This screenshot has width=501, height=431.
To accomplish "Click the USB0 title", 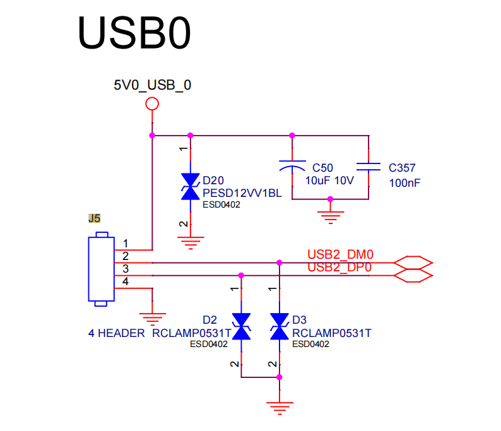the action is click(x=134, y=33).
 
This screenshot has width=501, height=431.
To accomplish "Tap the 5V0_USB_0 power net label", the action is click(x=153, y=85).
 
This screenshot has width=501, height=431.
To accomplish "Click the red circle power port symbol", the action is click(x=152, y=104).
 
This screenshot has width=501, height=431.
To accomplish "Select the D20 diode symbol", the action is click(x=191, y=187).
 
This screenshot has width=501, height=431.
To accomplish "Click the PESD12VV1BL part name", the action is click(x=242, y=193).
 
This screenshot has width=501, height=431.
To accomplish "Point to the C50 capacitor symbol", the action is click(x=292, y=166).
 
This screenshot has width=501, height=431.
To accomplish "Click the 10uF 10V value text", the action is click(x=329, y=180).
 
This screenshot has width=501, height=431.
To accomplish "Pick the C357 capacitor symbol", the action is click(x=368, y=167).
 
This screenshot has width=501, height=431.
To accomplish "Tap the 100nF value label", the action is click(x=404, y=183).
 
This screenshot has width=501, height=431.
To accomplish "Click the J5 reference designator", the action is click(x=94, y=218).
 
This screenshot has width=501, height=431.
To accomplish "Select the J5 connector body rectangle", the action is click(x=102, y=269).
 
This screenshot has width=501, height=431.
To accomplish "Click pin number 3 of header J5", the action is click(x=126, y=269).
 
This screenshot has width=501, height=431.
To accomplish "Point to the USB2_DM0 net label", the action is click(x=340, y=255).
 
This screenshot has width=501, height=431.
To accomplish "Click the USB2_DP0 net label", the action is click(x=339, y=267).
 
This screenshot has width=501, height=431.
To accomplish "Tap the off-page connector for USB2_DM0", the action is click(x=413, y=263).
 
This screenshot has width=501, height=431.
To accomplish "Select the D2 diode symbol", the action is click(x=241, y=326).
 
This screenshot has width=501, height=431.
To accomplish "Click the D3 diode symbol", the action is click(x=280, y=326).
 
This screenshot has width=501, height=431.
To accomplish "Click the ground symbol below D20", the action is click(x=191, y=243).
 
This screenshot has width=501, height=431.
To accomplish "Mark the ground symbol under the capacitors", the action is click(x=331, y=217).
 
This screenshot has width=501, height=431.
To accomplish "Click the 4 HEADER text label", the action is click(x=116, y=333).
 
